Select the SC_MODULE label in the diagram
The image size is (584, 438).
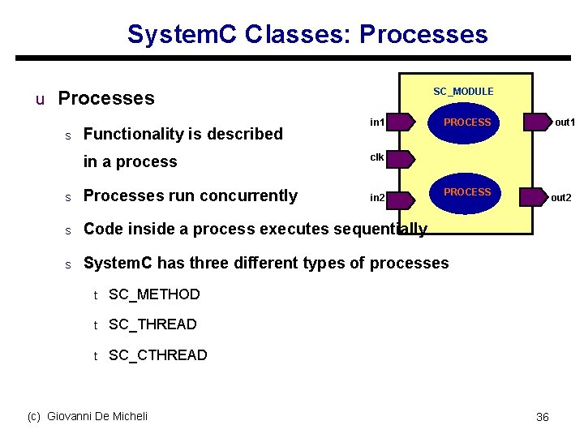coord(463,92)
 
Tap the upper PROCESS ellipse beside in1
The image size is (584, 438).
coord(466,122)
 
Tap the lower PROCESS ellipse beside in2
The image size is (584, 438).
coord(466,193)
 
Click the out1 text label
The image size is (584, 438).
coord(565,122)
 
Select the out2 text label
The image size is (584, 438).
coord(561,197)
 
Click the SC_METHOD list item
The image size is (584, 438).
coord(154,294)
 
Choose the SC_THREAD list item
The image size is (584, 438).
coord(152,324)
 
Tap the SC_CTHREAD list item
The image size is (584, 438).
coord(157,355)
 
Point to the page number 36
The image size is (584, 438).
coord(543,417)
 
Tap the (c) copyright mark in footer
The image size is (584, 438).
coord(34,416)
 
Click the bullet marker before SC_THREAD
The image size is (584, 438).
coord(95,325)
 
